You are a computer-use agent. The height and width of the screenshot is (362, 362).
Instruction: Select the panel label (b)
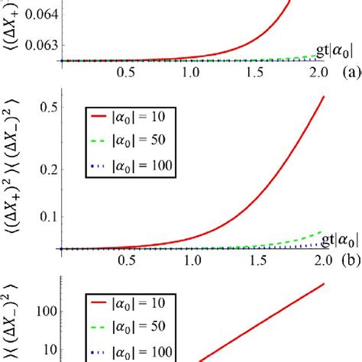coord(351,262)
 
